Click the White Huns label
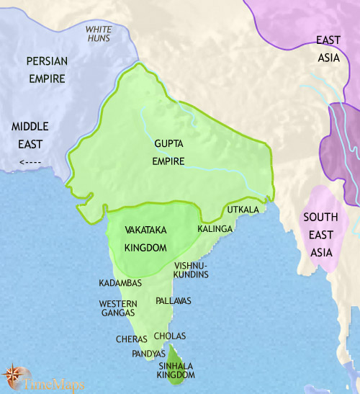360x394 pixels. tap(99, 34)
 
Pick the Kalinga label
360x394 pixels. tap(215, 228)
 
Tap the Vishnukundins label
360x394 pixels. tap(191, 269)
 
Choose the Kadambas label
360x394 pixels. tap(122, 283)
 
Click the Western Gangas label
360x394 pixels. tap(117, 308)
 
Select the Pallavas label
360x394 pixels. tap(174, 300)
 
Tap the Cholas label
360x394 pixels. tap(171, 336)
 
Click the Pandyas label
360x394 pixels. tap(148, 354)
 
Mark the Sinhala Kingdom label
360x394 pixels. tap(176, 371)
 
